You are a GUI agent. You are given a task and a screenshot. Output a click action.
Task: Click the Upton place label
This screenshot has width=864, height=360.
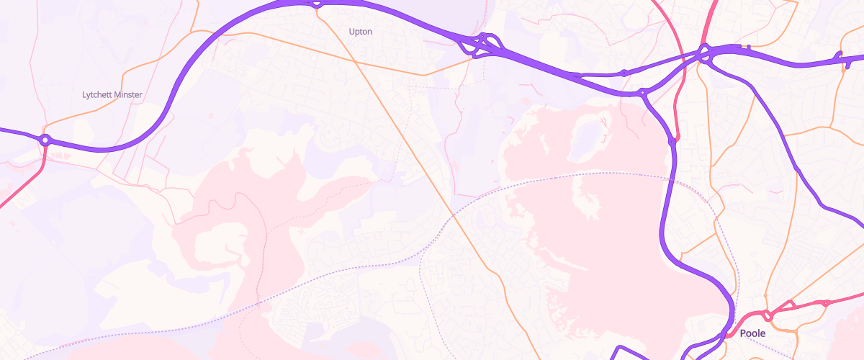click(x=360, y=32)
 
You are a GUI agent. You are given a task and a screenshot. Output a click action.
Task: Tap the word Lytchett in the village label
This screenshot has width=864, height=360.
click(x=97, y=94)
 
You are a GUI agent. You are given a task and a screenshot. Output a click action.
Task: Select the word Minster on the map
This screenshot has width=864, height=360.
click(x=128, y=94)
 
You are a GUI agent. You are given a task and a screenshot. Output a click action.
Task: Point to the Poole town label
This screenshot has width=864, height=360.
click(x=752, y=333)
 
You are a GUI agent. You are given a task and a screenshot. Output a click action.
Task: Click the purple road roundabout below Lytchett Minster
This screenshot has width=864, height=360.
click(x=45, y=139)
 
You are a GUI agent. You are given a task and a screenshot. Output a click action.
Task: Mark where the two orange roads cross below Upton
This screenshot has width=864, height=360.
click(x=354, y=60)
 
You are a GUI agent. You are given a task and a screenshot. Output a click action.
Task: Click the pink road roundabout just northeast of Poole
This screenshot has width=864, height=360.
click(x=768, y=315)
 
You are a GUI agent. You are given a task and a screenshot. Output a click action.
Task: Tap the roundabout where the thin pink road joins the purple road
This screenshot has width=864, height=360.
click(x=673, y=141)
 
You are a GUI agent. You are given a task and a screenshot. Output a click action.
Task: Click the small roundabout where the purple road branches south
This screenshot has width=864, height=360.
click(x=642, y=92)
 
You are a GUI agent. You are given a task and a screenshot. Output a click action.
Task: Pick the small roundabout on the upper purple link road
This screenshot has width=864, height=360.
click(x=624, y=73)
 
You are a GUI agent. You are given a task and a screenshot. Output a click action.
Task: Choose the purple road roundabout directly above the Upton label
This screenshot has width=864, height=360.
click(x=317, y=4)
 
